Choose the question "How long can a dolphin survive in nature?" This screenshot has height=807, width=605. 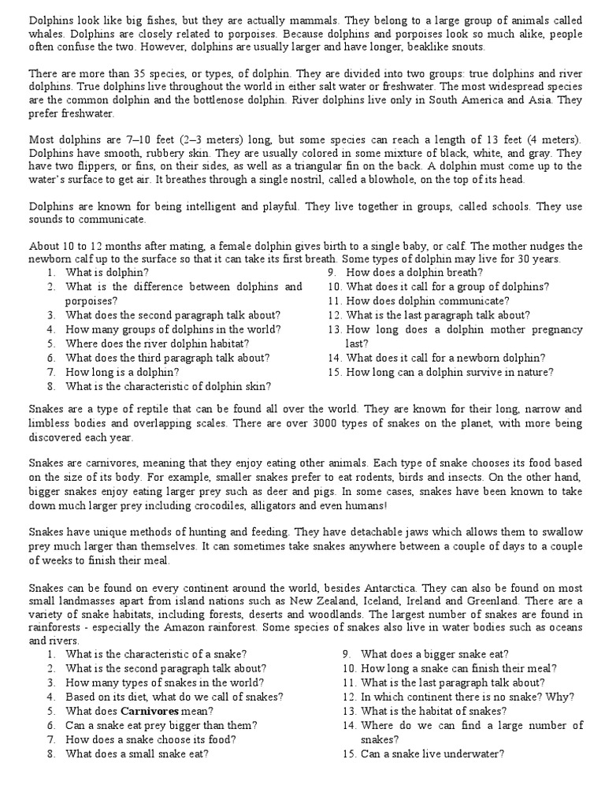[450, 371]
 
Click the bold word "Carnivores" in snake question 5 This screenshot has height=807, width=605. [155, 711]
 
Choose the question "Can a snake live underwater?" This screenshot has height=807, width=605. [432, 753]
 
